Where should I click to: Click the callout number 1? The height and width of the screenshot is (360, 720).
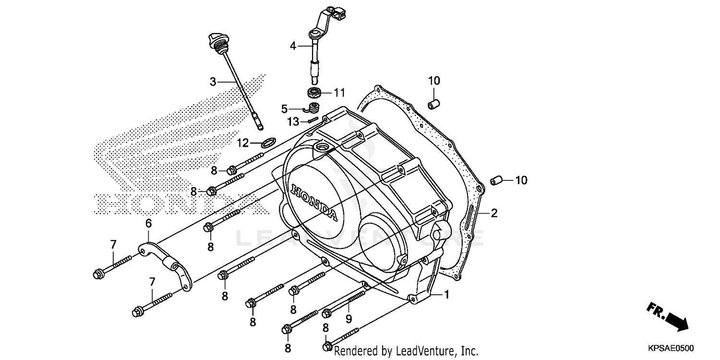pos(446,295)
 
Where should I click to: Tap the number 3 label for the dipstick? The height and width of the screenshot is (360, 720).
pos(213,82)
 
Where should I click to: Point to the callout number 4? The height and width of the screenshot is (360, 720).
pos(293,46)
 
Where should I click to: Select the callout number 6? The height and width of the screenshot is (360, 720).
pos(148,223)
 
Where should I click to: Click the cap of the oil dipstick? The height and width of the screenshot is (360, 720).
pos(215,40)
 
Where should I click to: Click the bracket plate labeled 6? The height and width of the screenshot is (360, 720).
pos(166,265)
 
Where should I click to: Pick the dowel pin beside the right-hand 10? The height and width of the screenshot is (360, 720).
pos(495,180)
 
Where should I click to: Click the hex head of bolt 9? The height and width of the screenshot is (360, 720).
pos(326,313)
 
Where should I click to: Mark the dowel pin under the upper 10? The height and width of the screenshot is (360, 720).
pos(433,103)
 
